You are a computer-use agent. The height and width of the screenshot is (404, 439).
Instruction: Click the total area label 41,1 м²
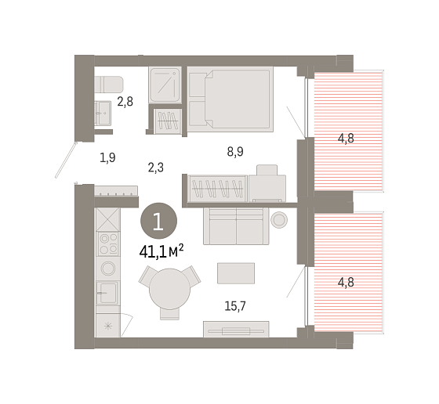click(161, 251)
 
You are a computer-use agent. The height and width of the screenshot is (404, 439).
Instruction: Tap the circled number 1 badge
click(158, 221)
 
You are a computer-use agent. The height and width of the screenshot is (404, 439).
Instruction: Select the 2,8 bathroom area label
click(125, 102)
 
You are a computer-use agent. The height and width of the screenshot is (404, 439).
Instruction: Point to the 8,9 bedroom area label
click(235, 152)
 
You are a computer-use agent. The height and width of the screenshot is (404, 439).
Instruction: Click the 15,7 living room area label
click(235, 306)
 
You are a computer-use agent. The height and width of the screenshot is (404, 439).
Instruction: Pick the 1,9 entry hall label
click(107, 157)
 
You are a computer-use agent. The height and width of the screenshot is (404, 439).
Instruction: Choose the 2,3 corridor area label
click(156, 168)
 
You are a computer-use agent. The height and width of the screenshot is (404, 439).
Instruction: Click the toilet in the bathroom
click(109, 84)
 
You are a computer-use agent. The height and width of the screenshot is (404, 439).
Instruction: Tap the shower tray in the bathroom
click(165, 85)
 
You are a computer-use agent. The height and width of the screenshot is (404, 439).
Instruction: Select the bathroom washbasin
click(103, 114)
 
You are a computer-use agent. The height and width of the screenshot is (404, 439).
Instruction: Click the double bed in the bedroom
click(230, 99)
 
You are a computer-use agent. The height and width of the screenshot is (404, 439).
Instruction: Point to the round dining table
click(169, 289)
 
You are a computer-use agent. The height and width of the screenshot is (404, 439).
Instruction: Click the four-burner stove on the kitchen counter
click(108, 244)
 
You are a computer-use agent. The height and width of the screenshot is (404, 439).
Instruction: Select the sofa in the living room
click(236, 226)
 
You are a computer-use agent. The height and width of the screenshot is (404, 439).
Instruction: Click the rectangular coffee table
click(236, 273)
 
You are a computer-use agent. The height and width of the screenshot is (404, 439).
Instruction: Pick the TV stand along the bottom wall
click(236, 330)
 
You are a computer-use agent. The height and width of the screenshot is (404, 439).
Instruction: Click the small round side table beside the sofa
click(279, 220)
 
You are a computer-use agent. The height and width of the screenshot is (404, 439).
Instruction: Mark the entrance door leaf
click(66, 160)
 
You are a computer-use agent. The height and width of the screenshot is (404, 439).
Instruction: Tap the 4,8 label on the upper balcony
click(346, 139)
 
